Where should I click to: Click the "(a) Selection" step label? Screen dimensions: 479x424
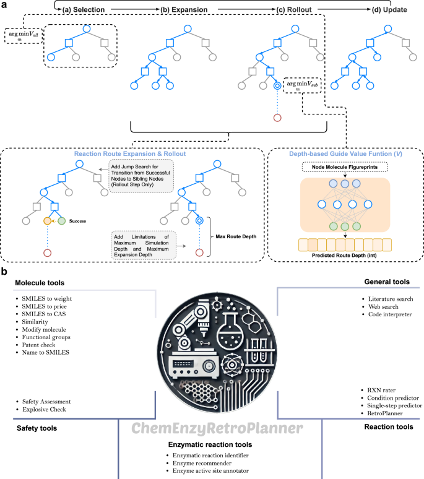pyautogui.click(x=85, y=10)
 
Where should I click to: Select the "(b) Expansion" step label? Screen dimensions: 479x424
pyautogui.click(x=184, y=10)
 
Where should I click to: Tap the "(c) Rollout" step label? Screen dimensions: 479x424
pyautogui.click(x=277, y=10)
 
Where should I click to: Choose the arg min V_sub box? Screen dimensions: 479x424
pyautogui.click(x=302, y=85)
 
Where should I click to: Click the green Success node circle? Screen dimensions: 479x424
pyautogui.click(x=61, y=220)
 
